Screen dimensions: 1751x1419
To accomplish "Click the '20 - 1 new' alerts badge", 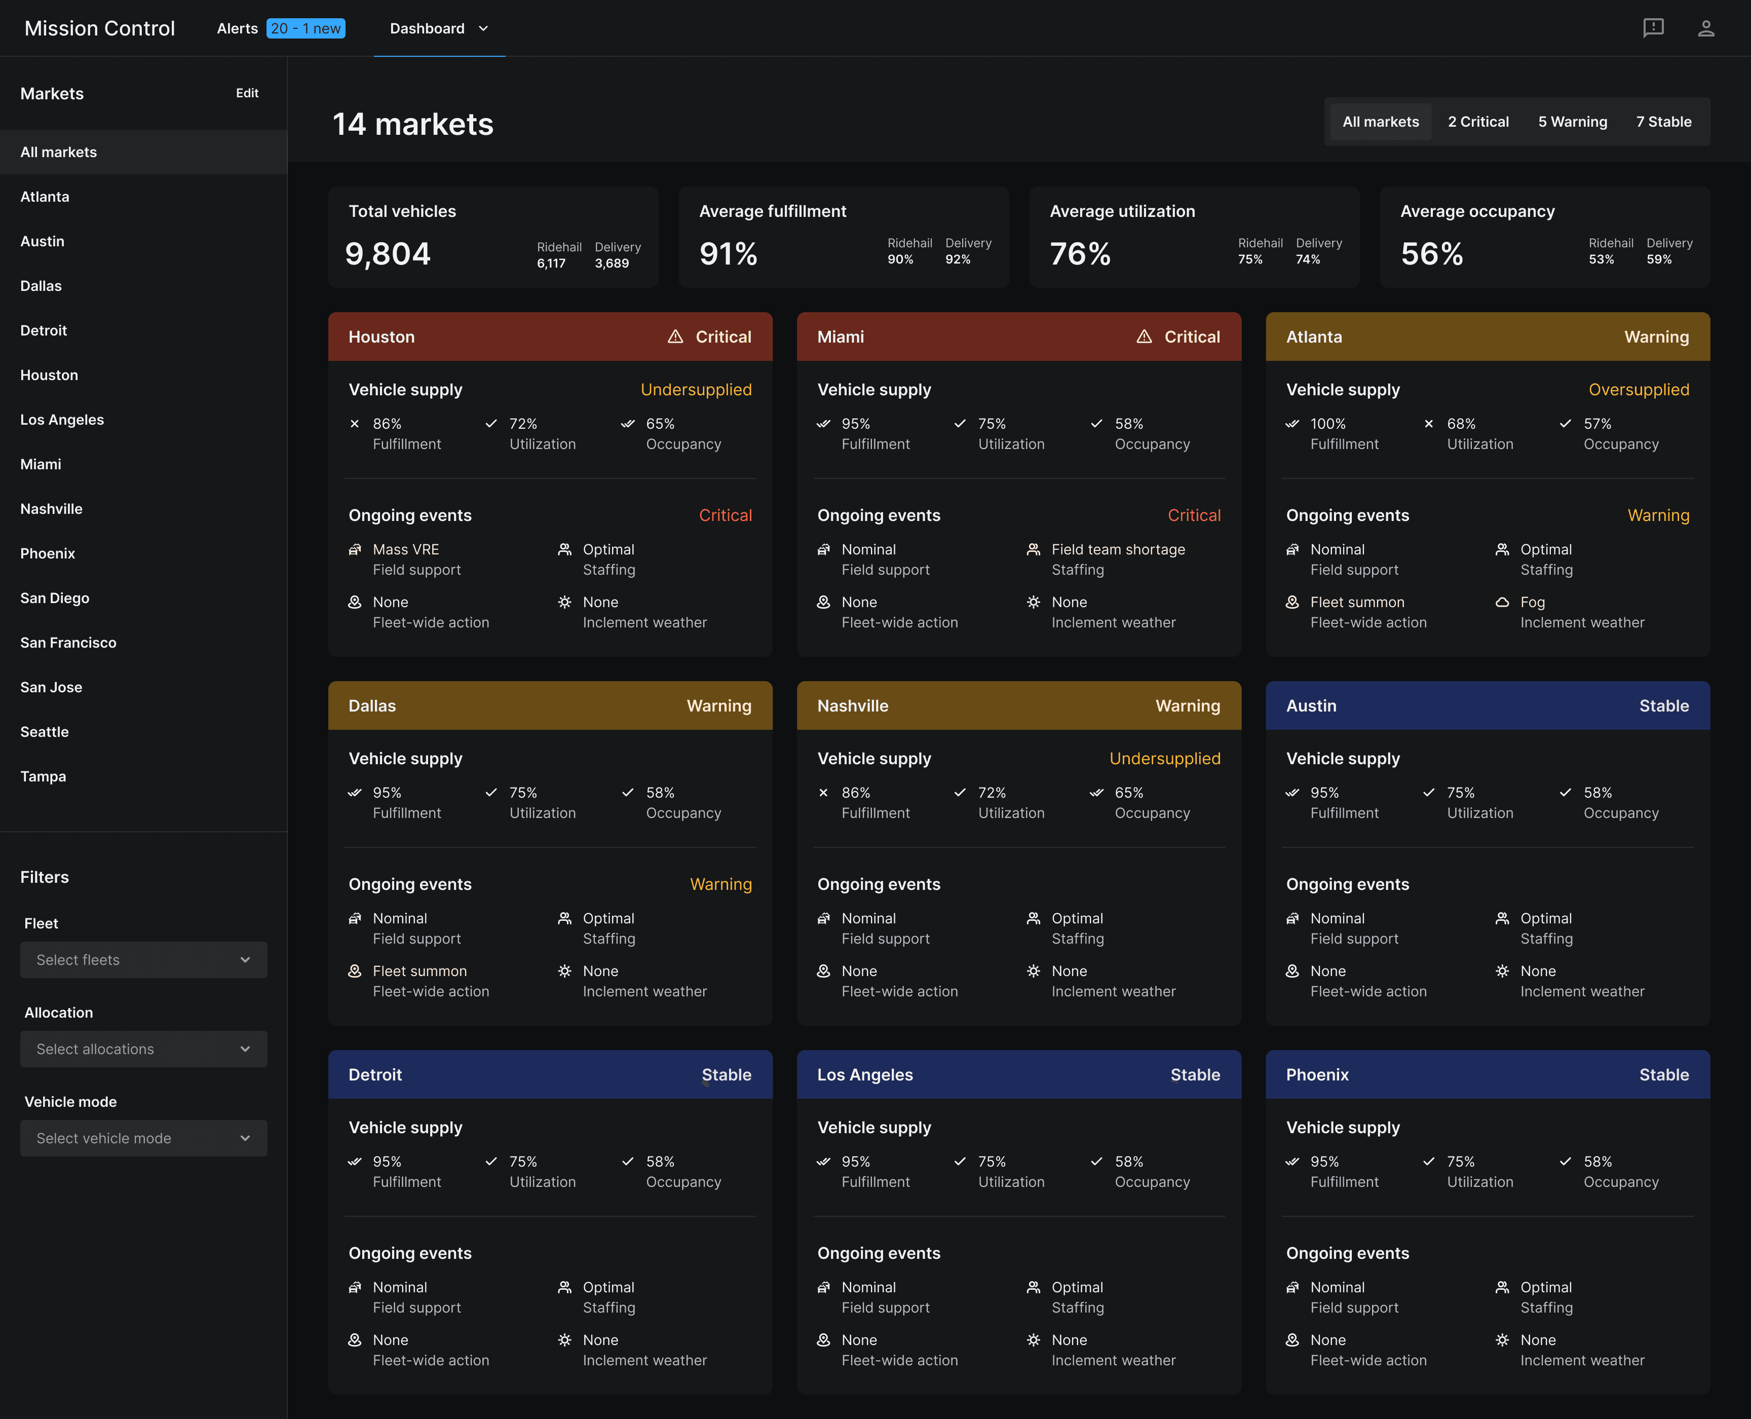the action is [x=306, y=28].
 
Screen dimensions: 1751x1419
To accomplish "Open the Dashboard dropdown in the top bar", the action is [x=439, y=28].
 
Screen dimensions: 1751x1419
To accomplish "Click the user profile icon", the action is [x=1706, y=28].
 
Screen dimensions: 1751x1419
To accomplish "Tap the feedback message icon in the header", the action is [x=1653, y=28].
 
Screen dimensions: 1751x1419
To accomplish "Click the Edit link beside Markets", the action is [x=247, y=93].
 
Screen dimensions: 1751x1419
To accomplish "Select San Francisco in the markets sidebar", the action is [x=68, y=643].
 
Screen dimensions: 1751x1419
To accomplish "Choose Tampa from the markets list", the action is [x=43, y=776].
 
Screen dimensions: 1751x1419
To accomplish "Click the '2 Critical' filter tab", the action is [x=1478, y=122].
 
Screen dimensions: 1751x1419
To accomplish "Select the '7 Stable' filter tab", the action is [x=1663, y=122].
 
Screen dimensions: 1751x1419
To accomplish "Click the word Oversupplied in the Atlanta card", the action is [x=1638, y=390].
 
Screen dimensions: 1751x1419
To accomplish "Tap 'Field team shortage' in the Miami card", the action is [x=1118, y=549].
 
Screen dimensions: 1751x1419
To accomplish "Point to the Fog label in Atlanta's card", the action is [x=1532, y=603].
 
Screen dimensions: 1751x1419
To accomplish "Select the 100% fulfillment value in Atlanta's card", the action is [x=1328, y=423].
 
